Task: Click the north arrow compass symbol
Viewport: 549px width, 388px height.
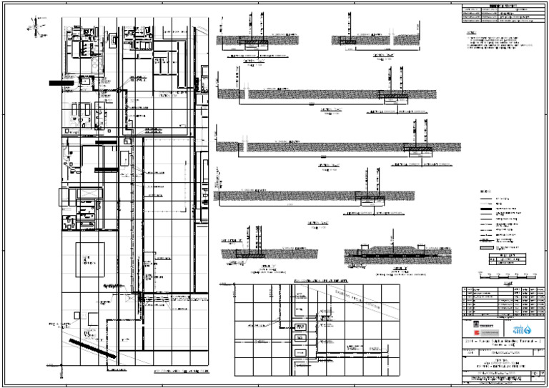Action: pyautogui.click(x=31, y=29)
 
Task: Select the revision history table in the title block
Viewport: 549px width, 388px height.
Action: pyautogui.click(x=499, y=304)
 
